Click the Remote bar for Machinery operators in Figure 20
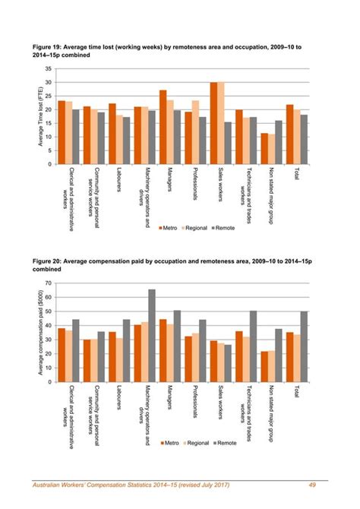tap(152, 335)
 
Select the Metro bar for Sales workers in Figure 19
tap(213, 123)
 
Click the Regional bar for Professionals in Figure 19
tap(195, 132)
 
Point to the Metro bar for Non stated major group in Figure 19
tap(264, 149)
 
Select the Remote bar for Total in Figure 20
tap(304, 346)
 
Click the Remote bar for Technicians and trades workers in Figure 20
tap(253, 346)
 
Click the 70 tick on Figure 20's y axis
tap(48, 283)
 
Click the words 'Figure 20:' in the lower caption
tap(47, 261)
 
